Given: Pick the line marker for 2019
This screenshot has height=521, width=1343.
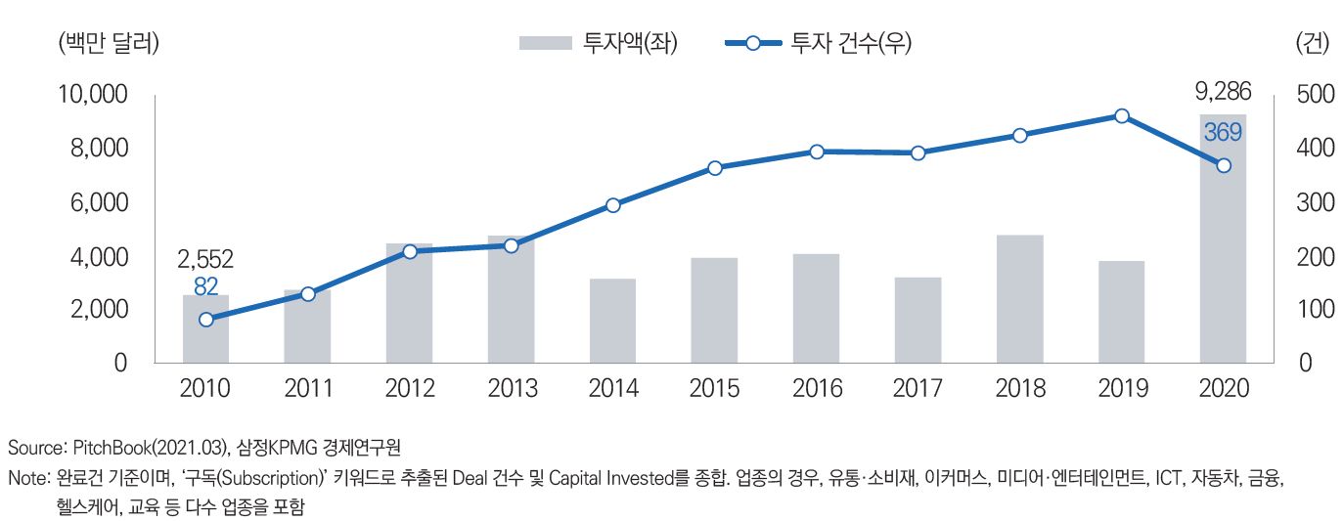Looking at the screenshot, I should [1122, 116].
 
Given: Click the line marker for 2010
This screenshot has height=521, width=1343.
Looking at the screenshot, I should [205, 320].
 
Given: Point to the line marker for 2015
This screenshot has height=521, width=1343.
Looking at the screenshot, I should [714, 168].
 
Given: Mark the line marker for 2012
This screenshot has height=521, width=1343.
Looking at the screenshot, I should [409, 251].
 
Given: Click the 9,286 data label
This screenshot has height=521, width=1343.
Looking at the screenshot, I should [1223, 94].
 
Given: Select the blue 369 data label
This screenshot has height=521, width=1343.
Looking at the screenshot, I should [1223, 132].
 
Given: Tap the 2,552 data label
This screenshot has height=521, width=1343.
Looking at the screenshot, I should [205, 260].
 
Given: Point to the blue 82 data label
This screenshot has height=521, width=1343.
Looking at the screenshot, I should [205, 286].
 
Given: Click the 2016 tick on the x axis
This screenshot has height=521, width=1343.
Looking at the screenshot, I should [816, 388].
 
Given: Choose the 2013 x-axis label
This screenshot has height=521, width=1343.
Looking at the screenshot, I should [511, 388].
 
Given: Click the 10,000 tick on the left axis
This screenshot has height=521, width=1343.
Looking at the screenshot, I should [94, 95].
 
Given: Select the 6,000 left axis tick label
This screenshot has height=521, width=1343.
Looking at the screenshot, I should [100, 203].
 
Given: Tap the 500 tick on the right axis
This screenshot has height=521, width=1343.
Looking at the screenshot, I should [1314, 95].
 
